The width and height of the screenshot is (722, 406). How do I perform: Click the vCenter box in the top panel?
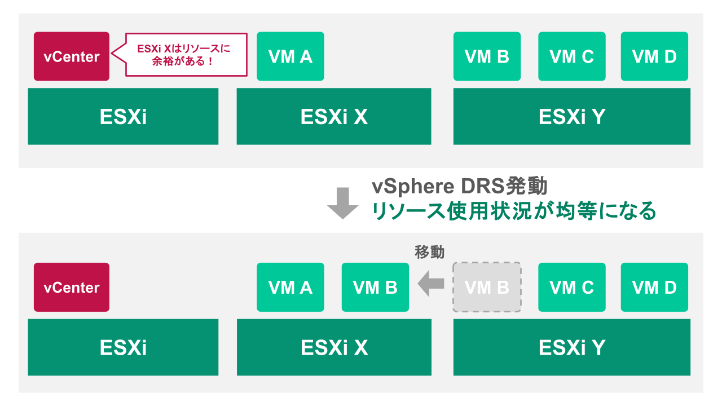[x=72, y=56]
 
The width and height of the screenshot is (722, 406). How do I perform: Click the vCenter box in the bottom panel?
[x=72, y=288]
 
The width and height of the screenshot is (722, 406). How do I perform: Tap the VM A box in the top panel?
[x=290, y=56]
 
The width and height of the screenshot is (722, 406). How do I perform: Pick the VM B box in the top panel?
[x=487, y=56]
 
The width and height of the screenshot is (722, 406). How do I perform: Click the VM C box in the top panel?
[x=571, y=56]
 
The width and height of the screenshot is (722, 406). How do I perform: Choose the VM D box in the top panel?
[x=654, y=56]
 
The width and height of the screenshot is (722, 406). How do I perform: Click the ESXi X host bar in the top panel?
[x=334, y=117]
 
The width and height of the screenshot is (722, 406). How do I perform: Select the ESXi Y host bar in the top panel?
[x=571, y=117]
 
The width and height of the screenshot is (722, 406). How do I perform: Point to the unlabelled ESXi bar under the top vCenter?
[x=123, y=117]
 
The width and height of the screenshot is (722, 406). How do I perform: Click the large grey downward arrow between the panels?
[x=343, y=203]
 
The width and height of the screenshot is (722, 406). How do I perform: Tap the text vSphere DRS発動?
[x=459, y=187]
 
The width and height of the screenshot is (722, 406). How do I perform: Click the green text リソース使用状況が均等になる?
[x=513, y=211]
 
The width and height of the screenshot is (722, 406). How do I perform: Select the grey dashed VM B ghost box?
[x=487, y=288]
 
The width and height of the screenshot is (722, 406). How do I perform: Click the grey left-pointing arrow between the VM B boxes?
[x=431, y=283]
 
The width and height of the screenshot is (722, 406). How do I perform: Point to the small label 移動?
[x=429, y=252]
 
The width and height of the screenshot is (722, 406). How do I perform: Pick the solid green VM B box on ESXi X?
[x=375, y=288]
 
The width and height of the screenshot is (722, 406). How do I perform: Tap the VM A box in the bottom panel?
[x=290, y=288]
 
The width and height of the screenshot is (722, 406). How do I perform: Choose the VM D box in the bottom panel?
[x=654, y=288]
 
